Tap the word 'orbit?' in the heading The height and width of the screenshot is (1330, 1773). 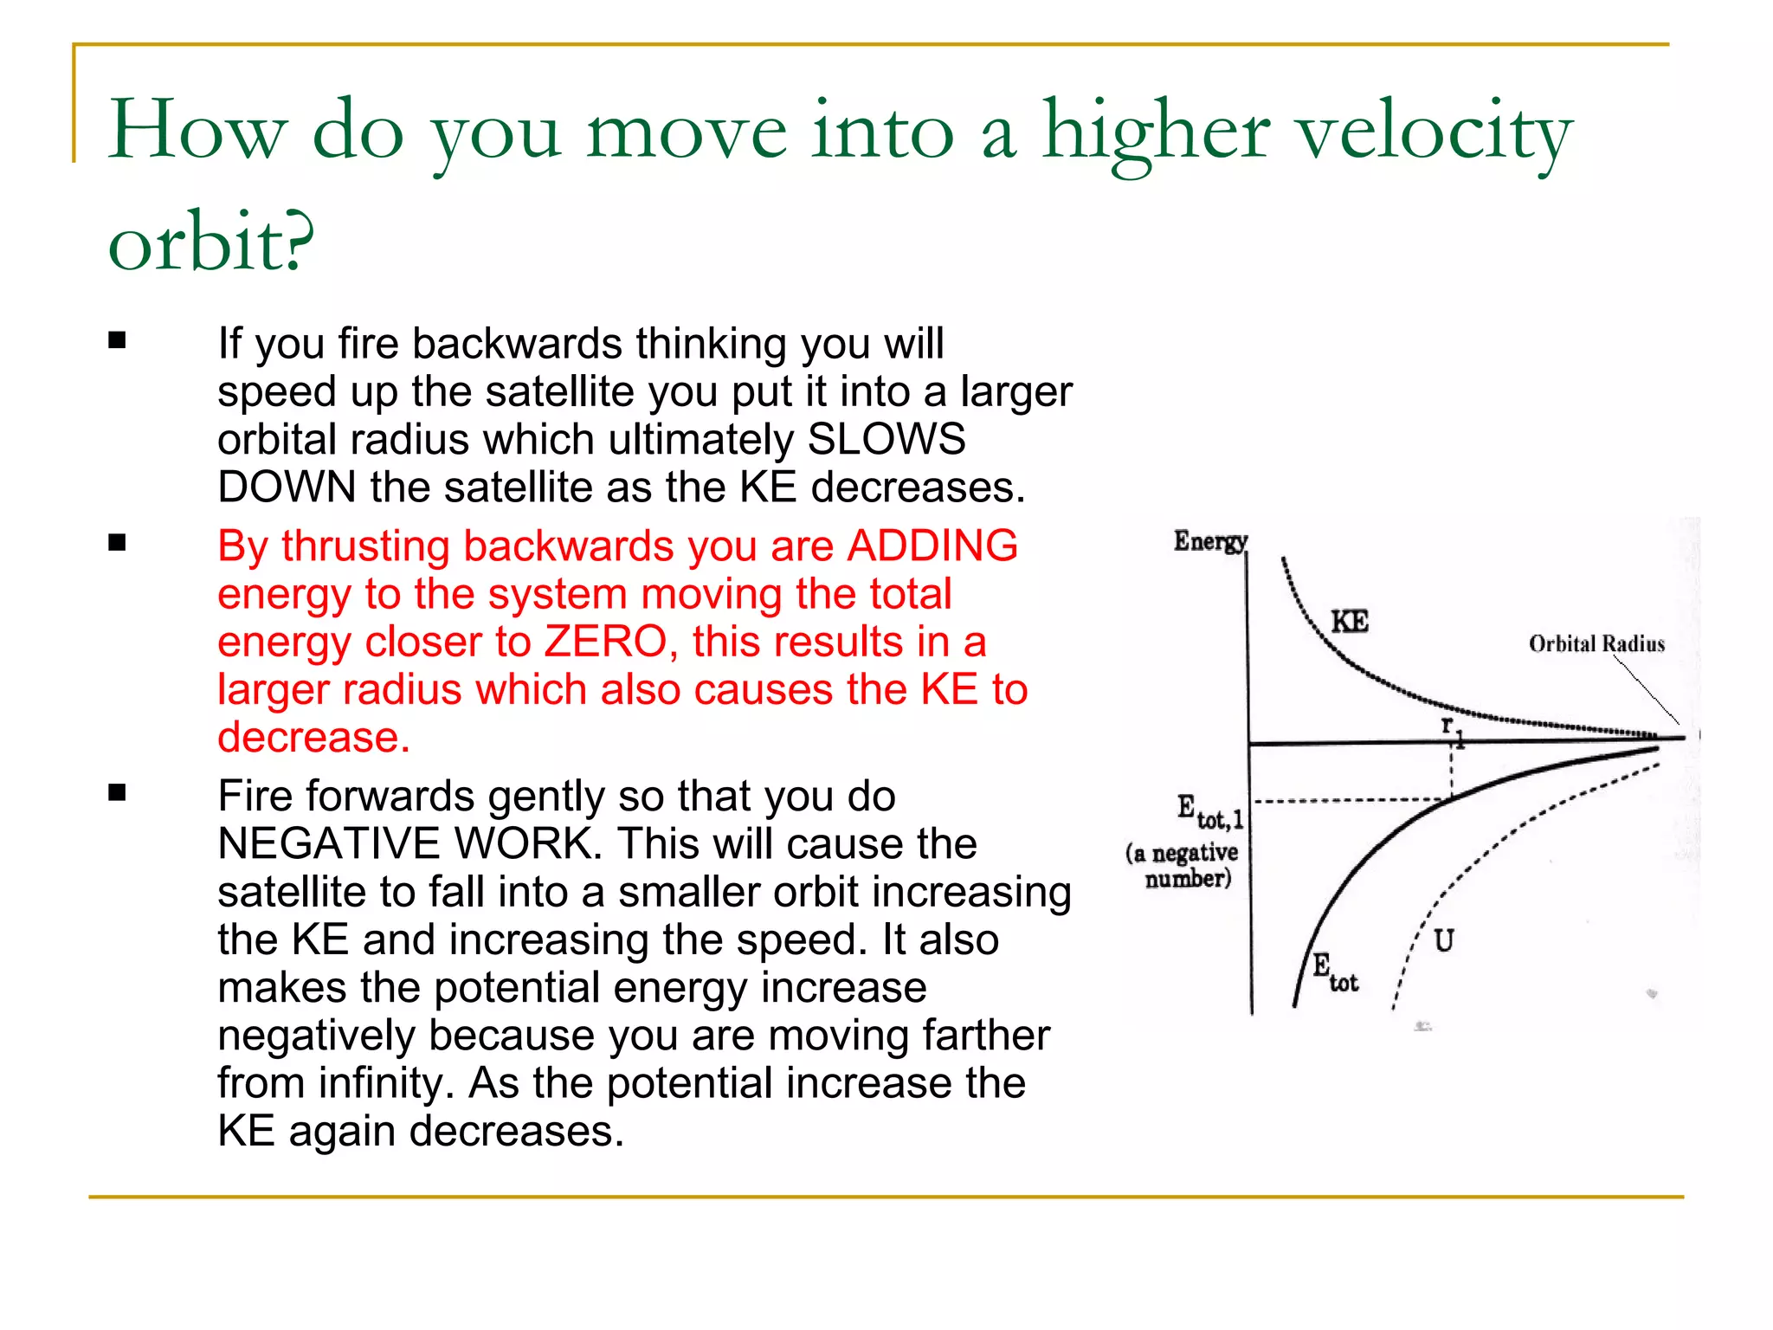coord(210,242)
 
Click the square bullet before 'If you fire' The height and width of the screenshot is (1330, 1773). coord(118,340)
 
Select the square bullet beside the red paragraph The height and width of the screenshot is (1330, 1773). coord(118,543)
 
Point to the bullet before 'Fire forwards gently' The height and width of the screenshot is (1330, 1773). coord(118,792)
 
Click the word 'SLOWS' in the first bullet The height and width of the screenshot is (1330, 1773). coord(886,440)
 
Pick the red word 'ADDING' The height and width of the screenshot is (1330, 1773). coord(932,546)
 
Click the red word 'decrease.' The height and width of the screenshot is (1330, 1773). coord(313,738)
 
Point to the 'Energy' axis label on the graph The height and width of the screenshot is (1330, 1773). coord(1209,541)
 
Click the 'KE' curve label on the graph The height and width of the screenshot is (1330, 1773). coord(1349,622)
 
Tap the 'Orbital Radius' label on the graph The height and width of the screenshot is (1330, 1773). coord(1596,644)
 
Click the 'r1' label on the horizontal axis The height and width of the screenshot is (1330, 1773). coord(1451,729)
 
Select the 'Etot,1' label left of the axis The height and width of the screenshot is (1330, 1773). coord(1209,812)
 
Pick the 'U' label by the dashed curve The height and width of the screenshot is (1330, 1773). coord(1443,940)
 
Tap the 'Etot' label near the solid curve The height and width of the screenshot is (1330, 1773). coord(1334,972)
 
